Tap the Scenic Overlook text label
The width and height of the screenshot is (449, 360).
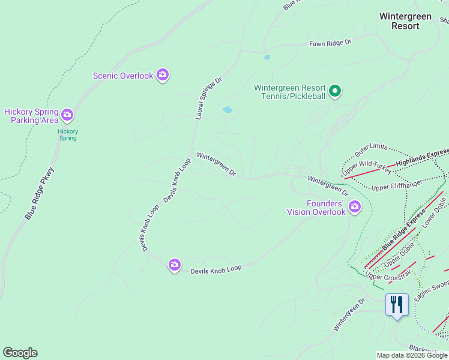[123, 76]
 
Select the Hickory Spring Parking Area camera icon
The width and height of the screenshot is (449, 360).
[67, 114]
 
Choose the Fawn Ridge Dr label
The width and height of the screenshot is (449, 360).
[330, 43]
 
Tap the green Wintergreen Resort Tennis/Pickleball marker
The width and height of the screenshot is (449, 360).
[336, 92]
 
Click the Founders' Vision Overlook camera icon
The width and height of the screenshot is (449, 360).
[355, 207]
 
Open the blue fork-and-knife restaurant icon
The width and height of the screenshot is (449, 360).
[396, 304]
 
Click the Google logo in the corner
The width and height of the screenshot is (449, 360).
[20, 353]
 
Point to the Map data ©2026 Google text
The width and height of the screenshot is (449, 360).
[412, 355]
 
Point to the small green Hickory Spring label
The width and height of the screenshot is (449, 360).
[67, 134]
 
